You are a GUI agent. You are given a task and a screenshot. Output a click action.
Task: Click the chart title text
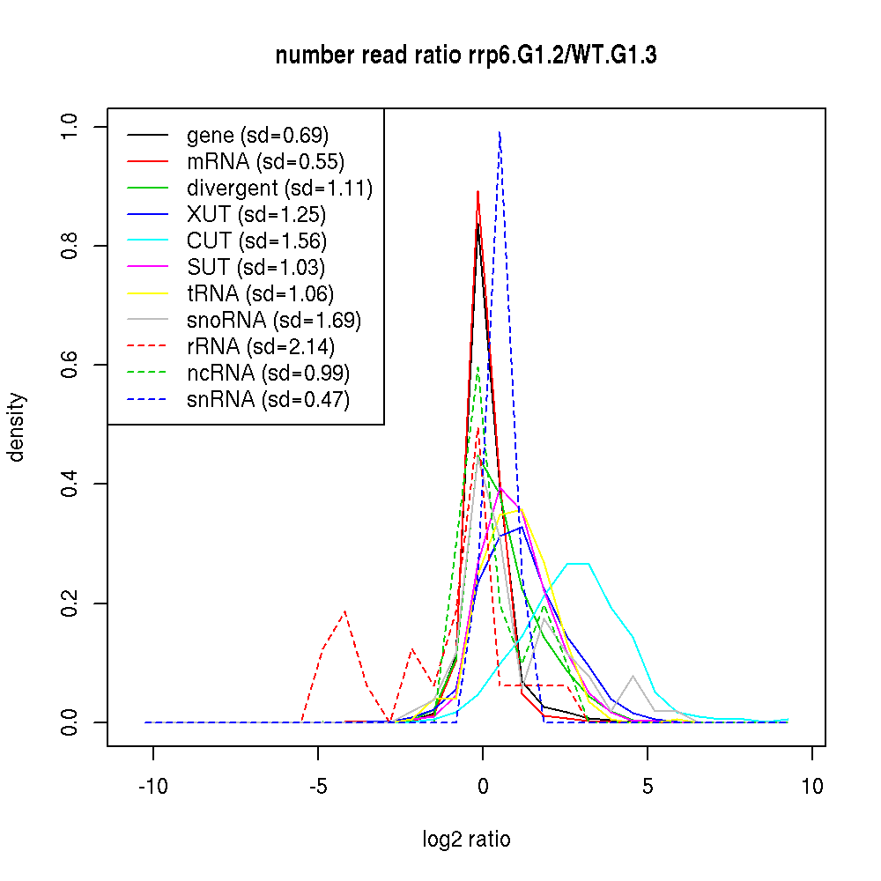tap(466, 56)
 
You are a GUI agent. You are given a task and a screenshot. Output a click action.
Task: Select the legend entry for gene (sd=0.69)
tap(257, 136)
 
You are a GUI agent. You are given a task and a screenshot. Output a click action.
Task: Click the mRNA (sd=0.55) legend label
tap(265, 162)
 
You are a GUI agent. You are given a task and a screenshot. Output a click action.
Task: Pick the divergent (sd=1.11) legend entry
tap(279, 189)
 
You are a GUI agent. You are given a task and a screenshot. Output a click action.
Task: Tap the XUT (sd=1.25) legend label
tap(256, 215)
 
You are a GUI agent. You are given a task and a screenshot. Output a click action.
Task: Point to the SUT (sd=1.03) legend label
tap(256, 268)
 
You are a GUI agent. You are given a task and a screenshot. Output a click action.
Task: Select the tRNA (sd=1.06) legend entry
tap(261, 294)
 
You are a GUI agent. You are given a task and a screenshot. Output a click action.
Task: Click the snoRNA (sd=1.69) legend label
tap(274, 321)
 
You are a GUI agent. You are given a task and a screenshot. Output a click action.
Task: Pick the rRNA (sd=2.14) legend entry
tap(261, 347)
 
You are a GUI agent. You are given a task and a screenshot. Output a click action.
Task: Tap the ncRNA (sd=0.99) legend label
tap(268, 374)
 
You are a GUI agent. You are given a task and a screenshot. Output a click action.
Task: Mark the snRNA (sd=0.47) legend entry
tap(268, 400)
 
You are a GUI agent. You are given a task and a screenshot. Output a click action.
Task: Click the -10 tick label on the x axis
tap(152, 786)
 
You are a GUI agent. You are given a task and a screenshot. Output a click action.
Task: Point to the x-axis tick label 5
tap(648, 786)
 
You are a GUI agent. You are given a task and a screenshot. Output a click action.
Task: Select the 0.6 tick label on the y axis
tap(70, 365)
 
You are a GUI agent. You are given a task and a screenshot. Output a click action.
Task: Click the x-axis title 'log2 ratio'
tap(466, 840)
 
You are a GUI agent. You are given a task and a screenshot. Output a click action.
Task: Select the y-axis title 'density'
tap(17, 426)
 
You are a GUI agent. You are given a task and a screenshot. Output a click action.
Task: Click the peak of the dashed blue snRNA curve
tap(500, 132)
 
